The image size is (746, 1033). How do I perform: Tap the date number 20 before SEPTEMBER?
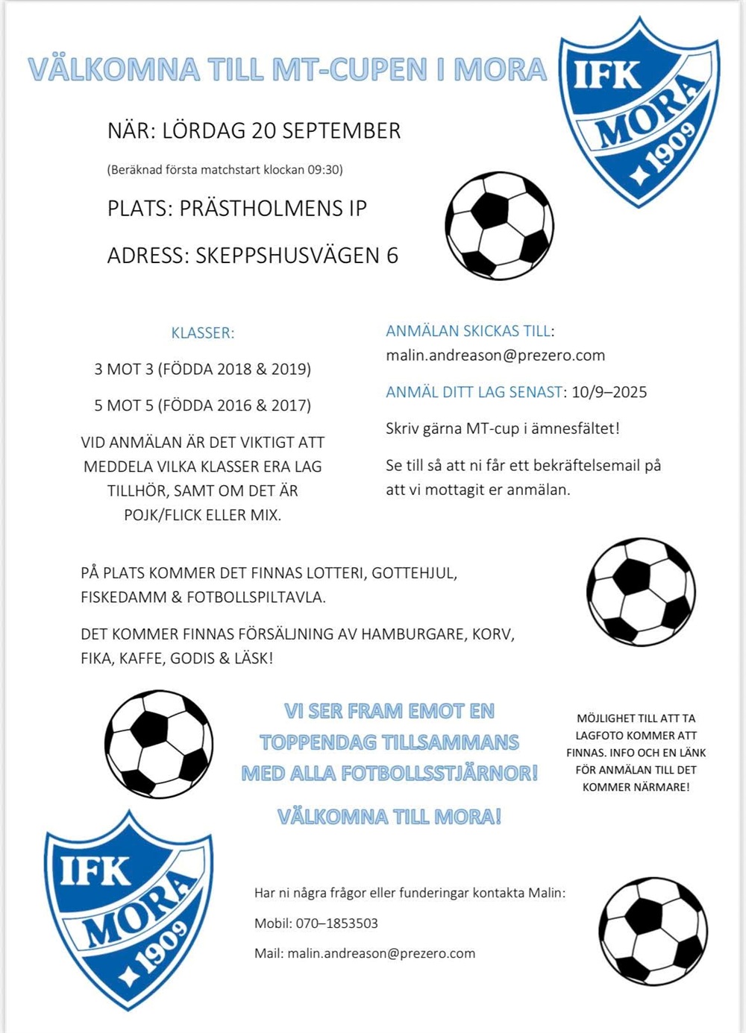coord(264,131)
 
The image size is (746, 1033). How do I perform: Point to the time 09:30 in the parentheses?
coord(324,170)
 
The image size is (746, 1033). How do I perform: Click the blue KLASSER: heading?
coord(203,333)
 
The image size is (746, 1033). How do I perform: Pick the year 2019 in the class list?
coord(287,369)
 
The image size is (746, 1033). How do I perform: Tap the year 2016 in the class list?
coord(233,405)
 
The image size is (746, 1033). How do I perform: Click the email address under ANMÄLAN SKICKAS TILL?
coord(495,356)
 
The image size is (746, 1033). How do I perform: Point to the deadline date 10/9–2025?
coord(609,392)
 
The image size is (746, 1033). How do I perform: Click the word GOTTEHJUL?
coord(414,573)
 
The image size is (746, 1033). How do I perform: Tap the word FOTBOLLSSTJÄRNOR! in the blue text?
coord(439,774)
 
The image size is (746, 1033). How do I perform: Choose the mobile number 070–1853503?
coord(337,923)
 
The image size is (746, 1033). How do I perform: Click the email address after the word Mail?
coord(381,953)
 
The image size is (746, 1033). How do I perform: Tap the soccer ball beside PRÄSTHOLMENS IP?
coord(499,226)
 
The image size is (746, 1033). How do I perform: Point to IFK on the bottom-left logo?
coord(95,868)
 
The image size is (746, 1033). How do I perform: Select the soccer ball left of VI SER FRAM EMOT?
coord(159,744)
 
